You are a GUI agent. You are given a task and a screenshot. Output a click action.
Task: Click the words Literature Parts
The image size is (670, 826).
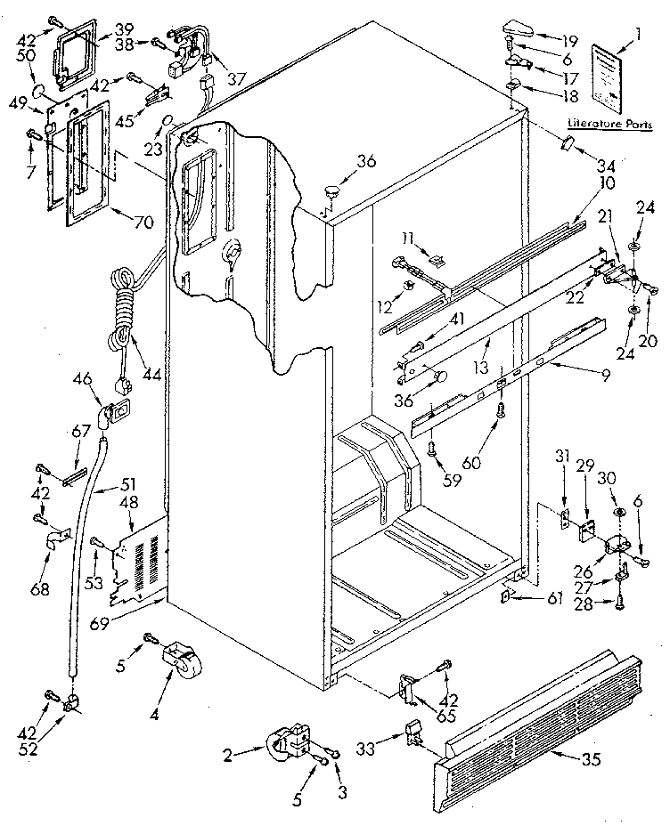point(608,125)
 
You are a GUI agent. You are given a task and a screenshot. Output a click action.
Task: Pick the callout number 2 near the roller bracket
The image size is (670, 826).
point(227,755)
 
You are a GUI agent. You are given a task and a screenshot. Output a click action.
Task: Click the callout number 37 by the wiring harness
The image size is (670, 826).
point(236,78)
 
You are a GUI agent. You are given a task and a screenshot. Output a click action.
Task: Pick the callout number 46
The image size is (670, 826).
point(82,379)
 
